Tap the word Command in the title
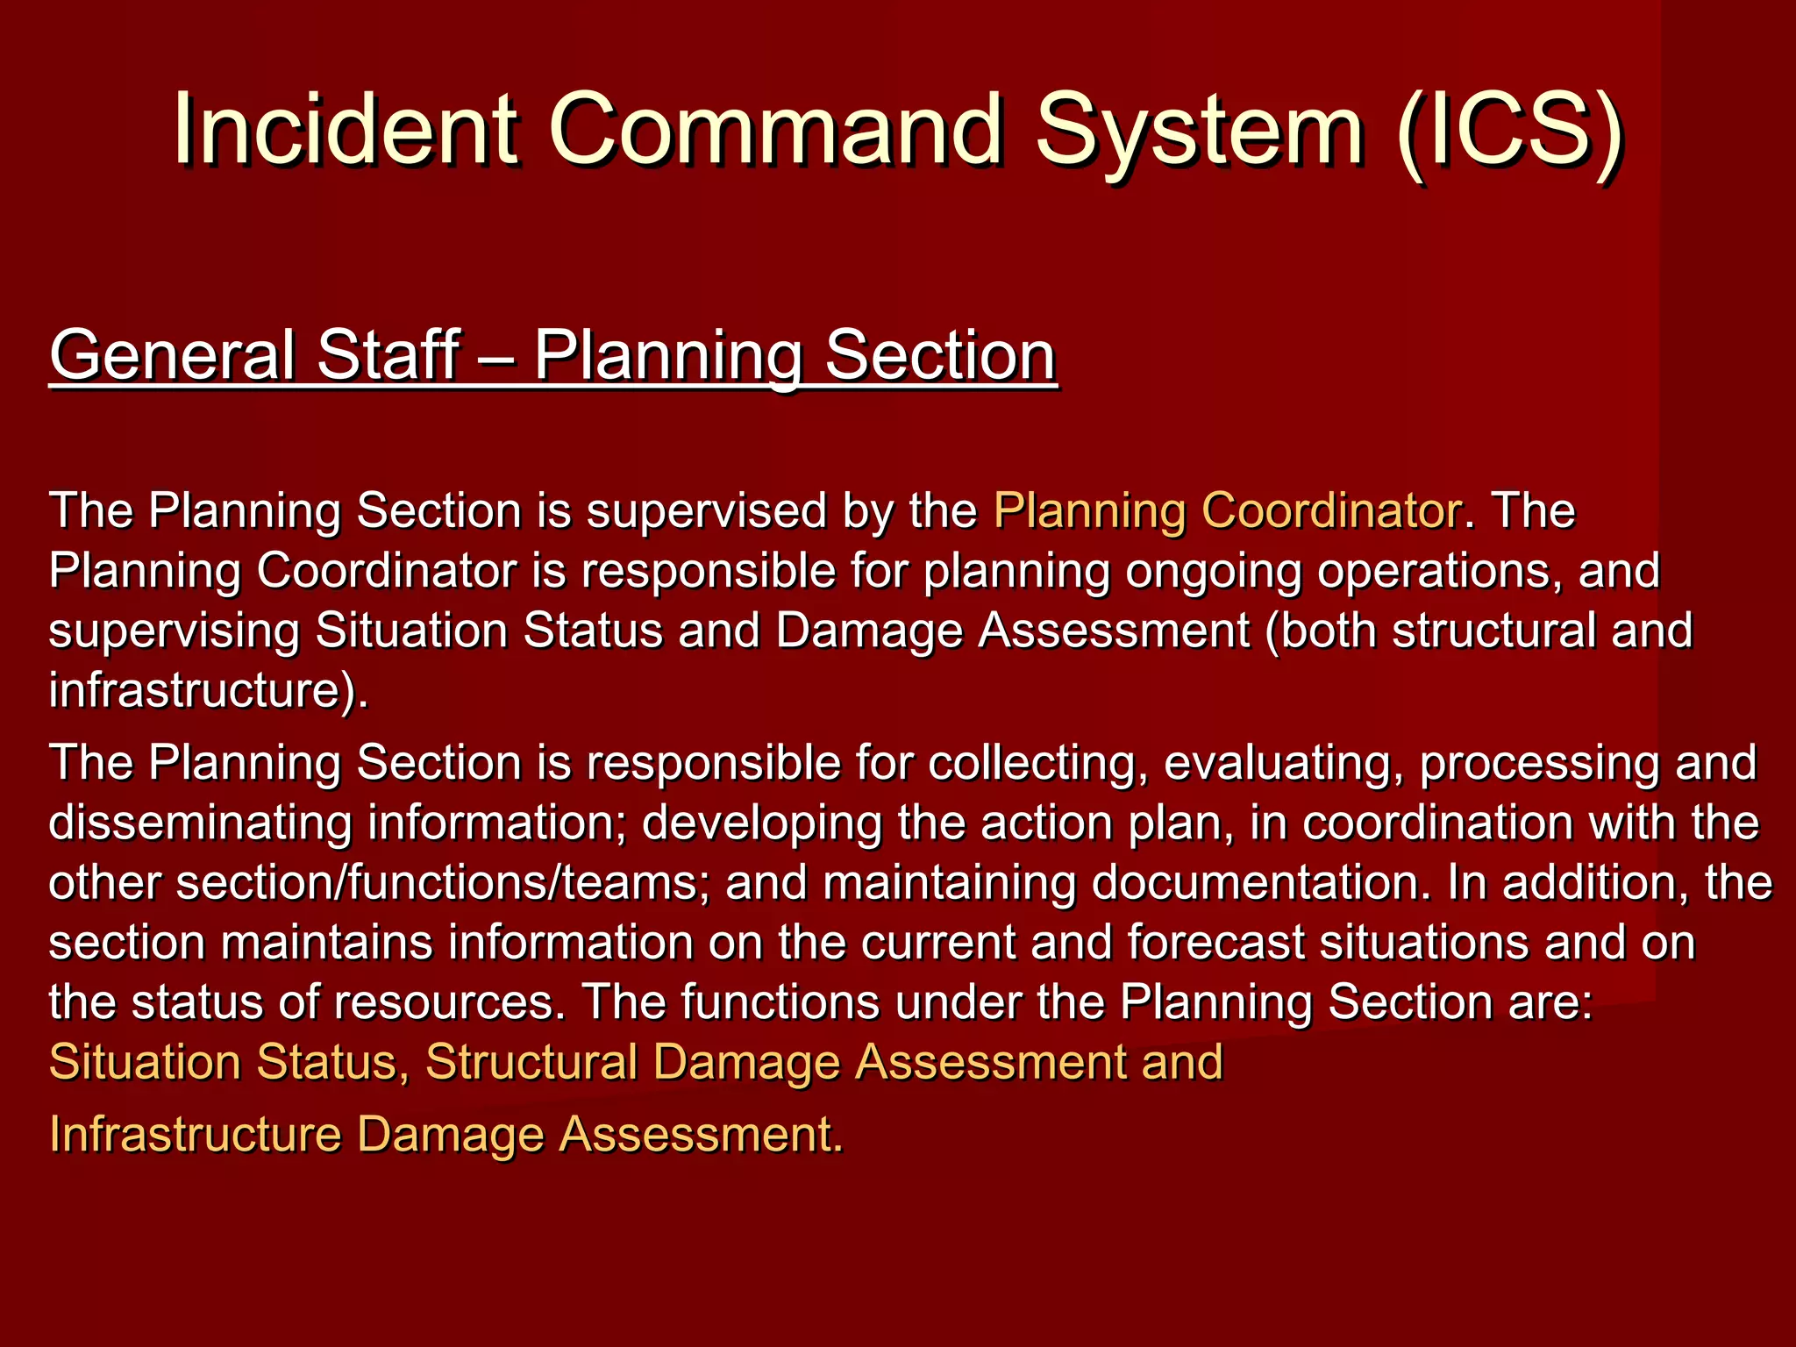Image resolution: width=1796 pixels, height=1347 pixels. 776,130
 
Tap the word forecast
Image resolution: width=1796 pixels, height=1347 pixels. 1216,943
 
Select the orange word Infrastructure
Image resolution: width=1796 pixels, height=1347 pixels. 195,1134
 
